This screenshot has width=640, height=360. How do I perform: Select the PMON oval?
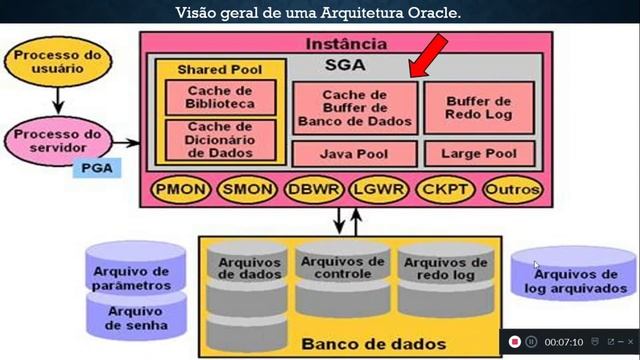tap(177, 189)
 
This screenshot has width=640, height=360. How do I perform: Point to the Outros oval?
tap(512, 189)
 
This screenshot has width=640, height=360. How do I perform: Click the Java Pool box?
tap(354, 154)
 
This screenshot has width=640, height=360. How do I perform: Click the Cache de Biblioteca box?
tap(219, 96)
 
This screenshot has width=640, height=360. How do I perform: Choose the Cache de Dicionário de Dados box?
tap(219, 140)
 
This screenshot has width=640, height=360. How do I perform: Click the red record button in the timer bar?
tap(514, 342)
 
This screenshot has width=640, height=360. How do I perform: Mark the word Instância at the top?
tap(344, 44)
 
